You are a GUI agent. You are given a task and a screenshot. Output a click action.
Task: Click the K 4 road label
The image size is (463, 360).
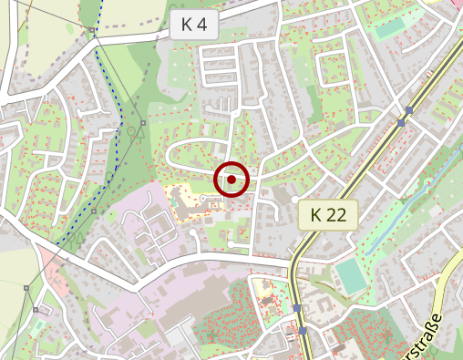click(x=194, y=25)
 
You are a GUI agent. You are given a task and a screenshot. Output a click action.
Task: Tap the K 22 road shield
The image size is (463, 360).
click(x=328, y=215)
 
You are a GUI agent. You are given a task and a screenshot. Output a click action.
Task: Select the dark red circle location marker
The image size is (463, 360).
click(x=231, y=180)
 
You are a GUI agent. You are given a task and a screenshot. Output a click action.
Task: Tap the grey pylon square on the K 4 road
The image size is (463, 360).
click(x=93, y=32)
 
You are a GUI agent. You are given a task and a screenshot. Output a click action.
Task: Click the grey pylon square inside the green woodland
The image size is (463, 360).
click(x=143, y=121)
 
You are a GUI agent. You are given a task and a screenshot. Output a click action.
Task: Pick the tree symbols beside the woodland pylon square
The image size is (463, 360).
click(x=135, y=132)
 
